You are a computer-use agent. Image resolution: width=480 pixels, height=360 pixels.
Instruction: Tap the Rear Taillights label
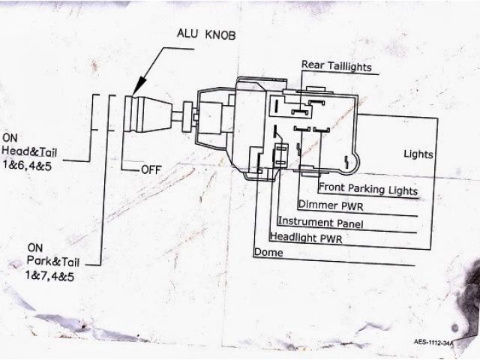pyautogui.click(x=336, y=65)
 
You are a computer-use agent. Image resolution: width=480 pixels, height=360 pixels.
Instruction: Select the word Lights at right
pyautogui.click(x=418, y=154)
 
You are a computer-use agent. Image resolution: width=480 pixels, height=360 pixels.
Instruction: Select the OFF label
pyautogui.click(x=152, y=169)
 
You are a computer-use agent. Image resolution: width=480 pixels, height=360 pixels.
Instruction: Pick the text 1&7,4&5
pyautogui.click(x=53, y=276)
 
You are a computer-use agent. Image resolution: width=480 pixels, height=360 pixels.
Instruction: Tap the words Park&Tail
pyautogui.click(x=53, y=263)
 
